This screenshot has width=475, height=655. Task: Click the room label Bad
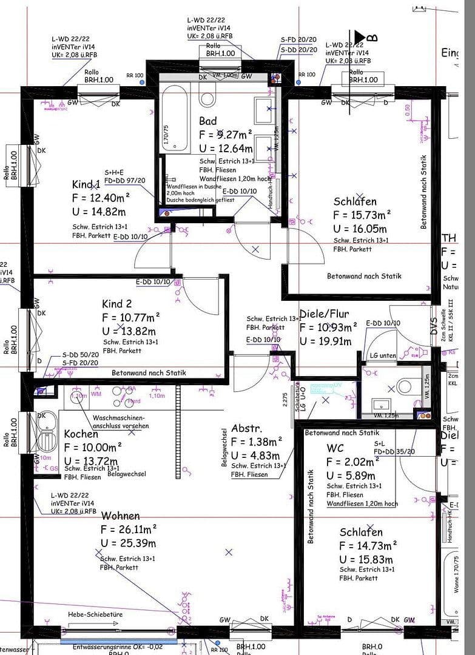207,121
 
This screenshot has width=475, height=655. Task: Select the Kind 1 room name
86,184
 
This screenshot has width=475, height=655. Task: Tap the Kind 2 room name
117,303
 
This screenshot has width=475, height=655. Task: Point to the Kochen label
81,434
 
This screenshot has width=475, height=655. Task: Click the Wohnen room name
120,516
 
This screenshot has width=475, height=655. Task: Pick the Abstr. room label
246,428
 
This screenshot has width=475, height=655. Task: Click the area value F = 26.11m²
129,529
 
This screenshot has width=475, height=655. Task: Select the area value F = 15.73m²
362,215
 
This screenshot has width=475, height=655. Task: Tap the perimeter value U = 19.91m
326,341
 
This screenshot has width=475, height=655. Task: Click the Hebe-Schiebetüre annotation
95,615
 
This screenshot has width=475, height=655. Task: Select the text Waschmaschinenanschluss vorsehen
120,422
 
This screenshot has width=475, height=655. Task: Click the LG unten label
383,355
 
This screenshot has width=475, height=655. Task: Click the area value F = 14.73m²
368,546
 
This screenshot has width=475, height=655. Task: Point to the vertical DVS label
434,327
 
